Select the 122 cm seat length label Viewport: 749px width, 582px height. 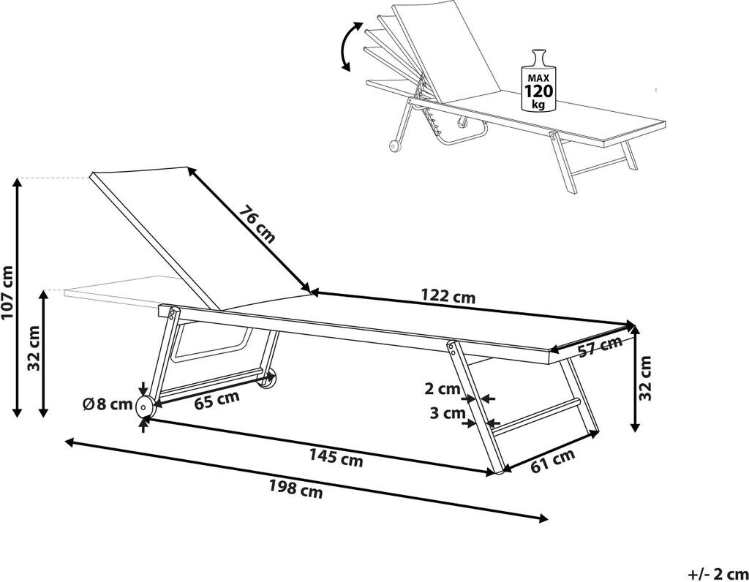click(x=448, y=297)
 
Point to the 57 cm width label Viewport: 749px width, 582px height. click(x=600, y=347)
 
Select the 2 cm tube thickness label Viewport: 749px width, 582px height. click(x=443, y=388)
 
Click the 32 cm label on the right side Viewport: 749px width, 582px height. click(x=645, y=378)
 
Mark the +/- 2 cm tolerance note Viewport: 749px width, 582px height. click(x=718, y=572)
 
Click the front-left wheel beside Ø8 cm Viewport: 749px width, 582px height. click(x=146, y=408)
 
